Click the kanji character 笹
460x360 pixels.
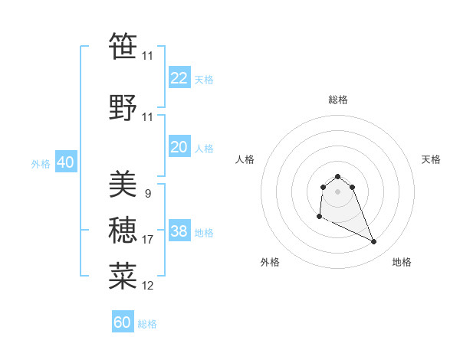(x=123, y=46)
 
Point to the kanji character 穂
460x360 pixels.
(x=123, y=230)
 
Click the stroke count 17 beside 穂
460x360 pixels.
(x=148, y=240)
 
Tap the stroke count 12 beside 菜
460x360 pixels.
(x=148, y=286)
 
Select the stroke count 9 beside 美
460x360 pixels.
(x=148, y=194)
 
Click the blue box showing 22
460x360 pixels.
(x=179, y=78)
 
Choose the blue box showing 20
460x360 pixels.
(x=179, y=147)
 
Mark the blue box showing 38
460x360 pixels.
(x=179, y=231)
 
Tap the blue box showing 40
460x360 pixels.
(x=65, y=162)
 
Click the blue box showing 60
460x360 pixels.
(x=123, y=322)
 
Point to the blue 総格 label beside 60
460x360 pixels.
(x=148, y=324)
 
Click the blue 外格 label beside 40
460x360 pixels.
(x=40, y=163)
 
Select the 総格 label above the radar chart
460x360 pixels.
(x=338, y=100)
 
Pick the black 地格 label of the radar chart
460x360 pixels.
(x=402, y=263)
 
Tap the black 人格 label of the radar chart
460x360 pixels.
(x=245, y=159)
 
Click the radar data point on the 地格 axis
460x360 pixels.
(x=374, y=242)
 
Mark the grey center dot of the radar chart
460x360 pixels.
(x=337, y=191)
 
